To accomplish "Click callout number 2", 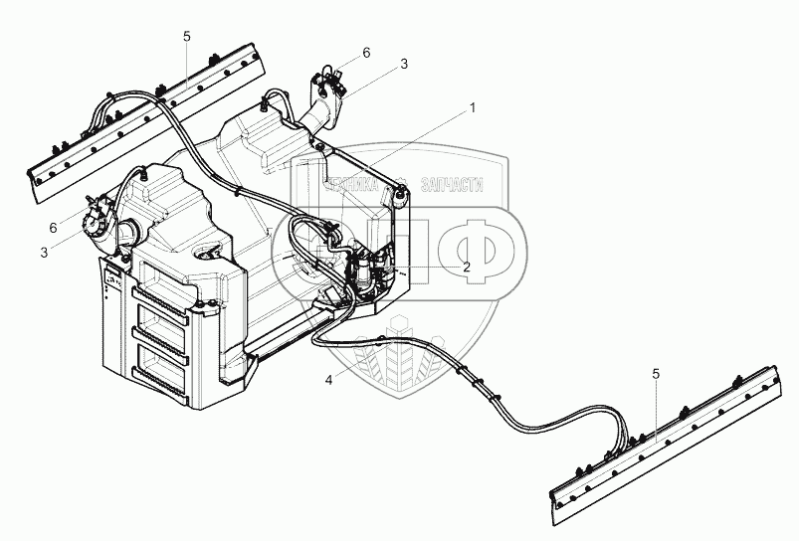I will coord(466,267).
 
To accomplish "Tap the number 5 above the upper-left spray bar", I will coord(187,37).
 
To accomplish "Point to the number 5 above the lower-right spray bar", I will coord(656,374).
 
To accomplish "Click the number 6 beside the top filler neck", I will coord(366,52).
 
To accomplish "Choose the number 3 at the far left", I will coord(44,254).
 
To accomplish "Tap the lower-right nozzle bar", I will coord(662,448).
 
